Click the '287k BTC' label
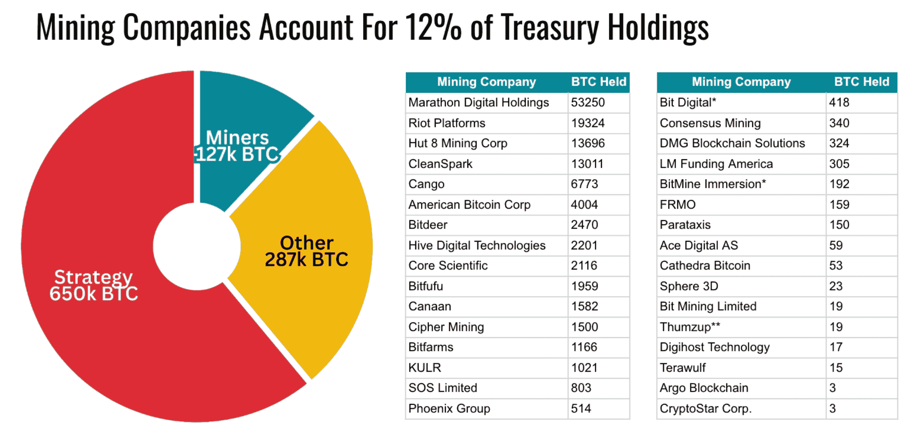click(306, 259)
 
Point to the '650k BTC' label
click(94, 293)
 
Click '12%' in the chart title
click(433, 27)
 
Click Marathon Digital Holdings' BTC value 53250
click(588, 102)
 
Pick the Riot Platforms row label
click(447, 123)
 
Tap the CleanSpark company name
click(440, 164)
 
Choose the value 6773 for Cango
click(584, 184)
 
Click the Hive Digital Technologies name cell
click(477, 246)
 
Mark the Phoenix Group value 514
click(581, 408)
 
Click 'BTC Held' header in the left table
click(599, 82)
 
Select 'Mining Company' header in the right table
click(741, 82)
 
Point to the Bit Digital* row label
click(688, 102)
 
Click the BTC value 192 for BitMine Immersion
click(839, 184)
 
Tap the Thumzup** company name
click(690, 327)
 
